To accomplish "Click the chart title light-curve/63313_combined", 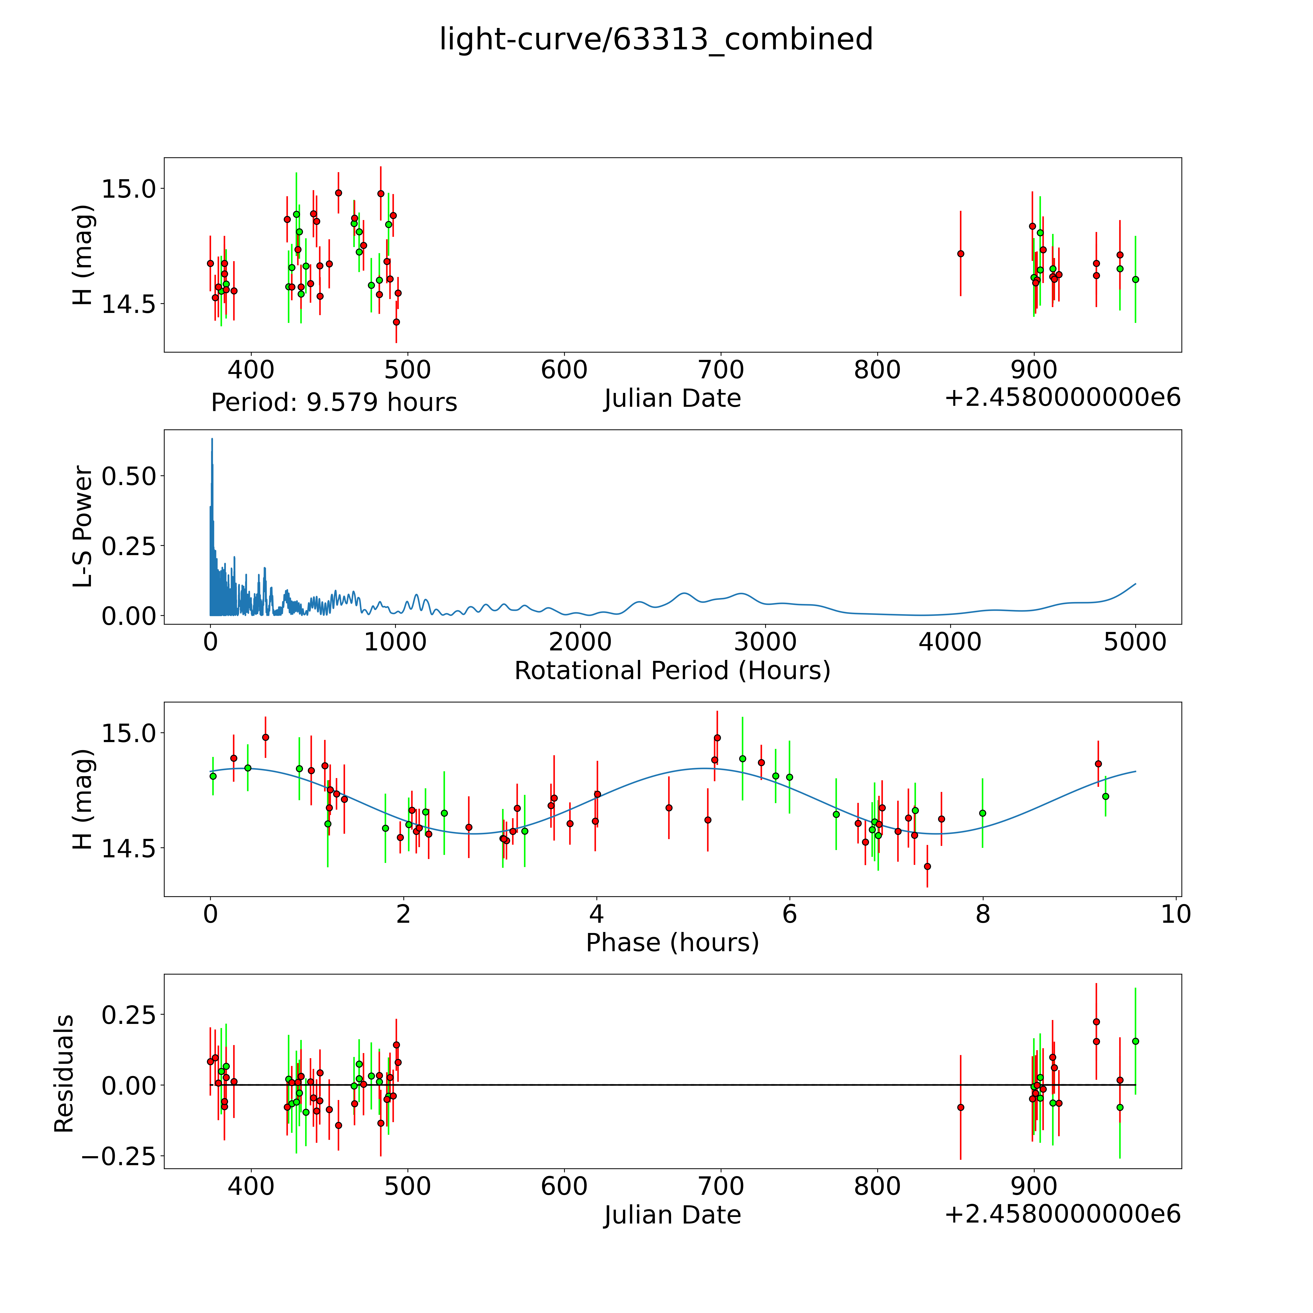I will [x=656, y=39].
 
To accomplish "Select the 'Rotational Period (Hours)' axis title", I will [x=672, y=671].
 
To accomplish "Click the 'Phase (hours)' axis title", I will [x=672, y=943].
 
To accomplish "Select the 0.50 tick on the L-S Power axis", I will [x=129, y=476].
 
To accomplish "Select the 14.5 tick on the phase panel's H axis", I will [x=129, y=848].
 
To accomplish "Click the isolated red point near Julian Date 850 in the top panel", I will [x=960, y=254].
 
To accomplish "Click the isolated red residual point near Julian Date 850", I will [x=960, y=1107].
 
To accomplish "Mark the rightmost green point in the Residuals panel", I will [x=1135, y=1041].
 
